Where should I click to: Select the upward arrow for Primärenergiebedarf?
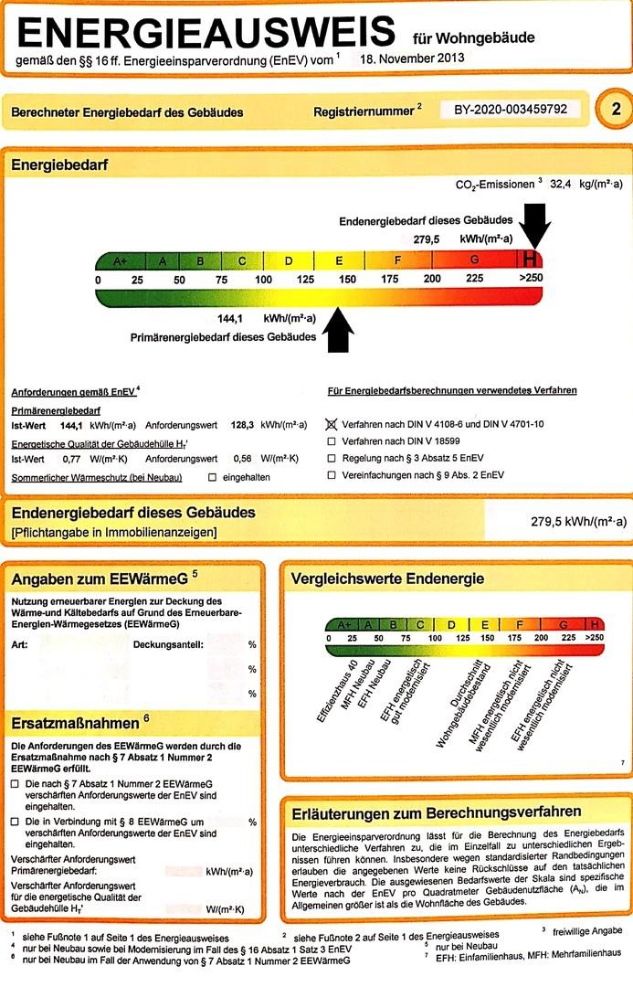(x=338, y=329)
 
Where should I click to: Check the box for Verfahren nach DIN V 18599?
(x=331, y=442)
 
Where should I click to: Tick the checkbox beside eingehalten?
(x=213, y=477)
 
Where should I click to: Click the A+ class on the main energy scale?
(x=120, y=261)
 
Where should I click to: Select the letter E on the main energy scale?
(x=339, y=261)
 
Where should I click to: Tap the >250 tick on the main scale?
(x=531, y=279)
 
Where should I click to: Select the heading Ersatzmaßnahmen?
(x=76, y=722)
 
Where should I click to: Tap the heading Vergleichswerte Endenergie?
(x=387, y=578)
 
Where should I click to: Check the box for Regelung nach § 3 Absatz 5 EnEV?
(x=331, y=459)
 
